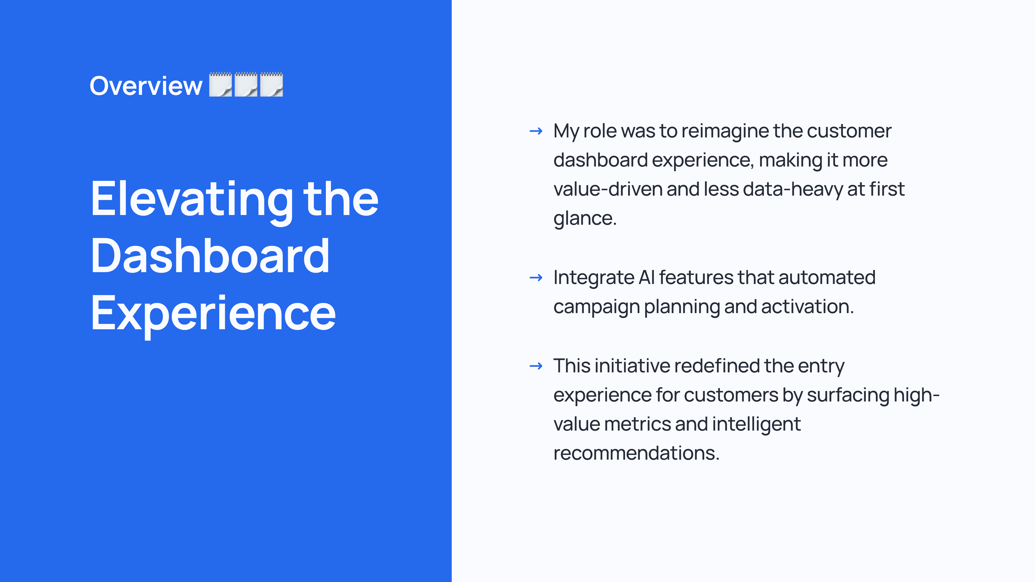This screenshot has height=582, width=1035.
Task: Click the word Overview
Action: (146, 86)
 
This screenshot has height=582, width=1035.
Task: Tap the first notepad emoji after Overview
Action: (220, 84)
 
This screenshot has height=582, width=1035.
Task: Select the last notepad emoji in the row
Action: (272, 84)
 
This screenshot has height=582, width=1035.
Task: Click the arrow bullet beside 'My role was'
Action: (536, 131)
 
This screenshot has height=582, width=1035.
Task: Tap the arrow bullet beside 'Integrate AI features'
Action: (536, 278)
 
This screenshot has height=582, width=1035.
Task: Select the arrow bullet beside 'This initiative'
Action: (536, 366)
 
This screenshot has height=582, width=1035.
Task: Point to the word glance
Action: (585, 219)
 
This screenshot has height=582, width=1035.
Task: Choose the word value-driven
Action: (608, 189)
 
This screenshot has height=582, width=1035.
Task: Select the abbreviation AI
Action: (647, 278)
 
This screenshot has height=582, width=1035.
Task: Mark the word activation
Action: (807, 307)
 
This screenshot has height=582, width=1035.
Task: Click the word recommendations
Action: (636, 453)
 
